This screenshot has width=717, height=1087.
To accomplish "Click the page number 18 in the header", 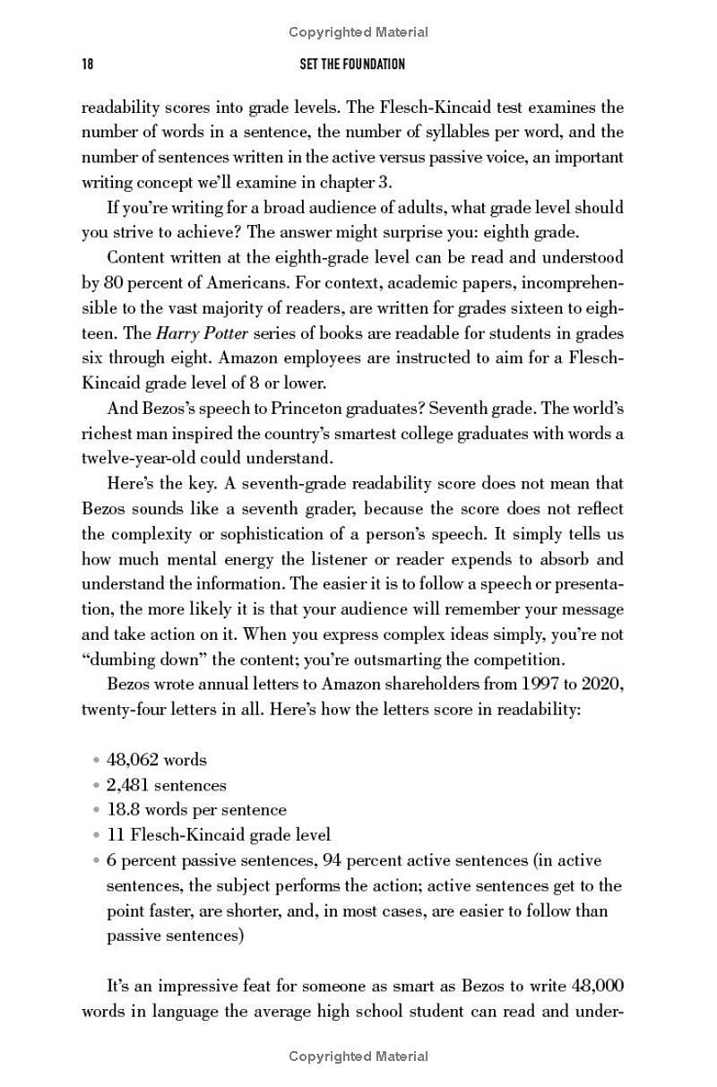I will (x=88, y=65).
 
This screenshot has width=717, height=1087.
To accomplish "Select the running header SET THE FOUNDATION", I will (x=351, y=65).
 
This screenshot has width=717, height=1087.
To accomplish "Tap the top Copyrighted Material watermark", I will (x=358, y=32).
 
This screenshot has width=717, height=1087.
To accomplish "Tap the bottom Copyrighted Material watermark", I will (x=358, y=1057).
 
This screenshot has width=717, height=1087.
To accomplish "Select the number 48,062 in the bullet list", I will (x=132, y=760).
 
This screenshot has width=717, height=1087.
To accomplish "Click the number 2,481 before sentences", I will (x=129, y=785).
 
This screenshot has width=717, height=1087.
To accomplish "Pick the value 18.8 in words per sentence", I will (x=122, y=810).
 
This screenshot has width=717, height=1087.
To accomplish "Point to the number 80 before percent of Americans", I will (x=113, y=283).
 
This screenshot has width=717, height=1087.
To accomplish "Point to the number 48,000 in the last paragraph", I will (x=597, y=986).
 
